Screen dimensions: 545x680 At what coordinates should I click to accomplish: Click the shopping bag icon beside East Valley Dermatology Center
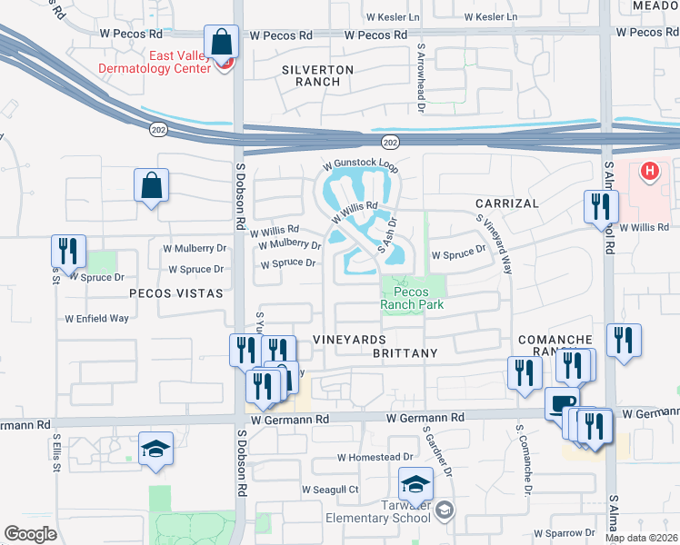221,42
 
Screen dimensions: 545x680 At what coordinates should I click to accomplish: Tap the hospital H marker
649,171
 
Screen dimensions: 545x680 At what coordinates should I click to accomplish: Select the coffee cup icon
561,403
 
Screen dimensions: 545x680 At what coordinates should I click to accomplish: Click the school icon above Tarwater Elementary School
415,483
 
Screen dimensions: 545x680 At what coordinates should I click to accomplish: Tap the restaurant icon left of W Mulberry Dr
68,251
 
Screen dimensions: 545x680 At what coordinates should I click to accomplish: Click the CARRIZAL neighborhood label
506,203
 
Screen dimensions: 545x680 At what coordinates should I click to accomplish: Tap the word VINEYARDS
350,339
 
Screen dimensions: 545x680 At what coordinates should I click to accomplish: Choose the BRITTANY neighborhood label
405,352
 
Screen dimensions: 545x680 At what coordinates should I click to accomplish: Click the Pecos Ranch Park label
412,299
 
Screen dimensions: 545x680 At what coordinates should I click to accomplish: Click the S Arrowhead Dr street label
421,78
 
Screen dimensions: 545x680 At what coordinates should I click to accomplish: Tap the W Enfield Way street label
96,319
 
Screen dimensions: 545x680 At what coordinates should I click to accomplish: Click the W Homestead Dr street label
375,457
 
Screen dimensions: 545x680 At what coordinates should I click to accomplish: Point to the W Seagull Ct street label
330,489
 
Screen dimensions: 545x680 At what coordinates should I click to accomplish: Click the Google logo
31,534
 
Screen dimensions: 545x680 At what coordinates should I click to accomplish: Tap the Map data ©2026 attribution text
641,538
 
